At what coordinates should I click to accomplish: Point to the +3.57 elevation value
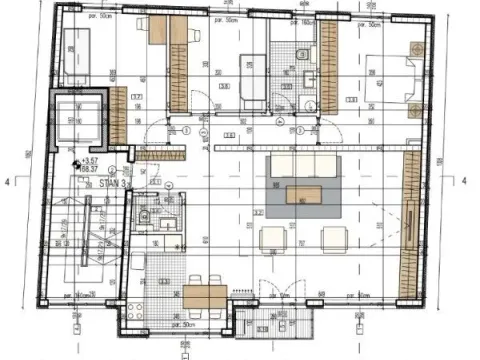(93, 160)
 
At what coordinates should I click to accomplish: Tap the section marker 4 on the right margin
(465, 180)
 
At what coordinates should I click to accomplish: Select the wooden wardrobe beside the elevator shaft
(118, 114)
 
